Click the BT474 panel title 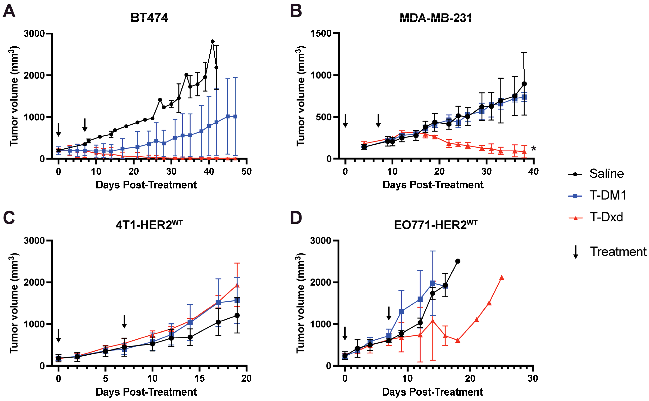click(149, 18)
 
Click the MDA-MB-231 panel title click(436, 18)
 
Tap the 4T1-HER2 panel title click(149, 225)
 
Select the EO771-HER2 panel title click(436, 225)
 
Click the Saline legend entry click(606, 174)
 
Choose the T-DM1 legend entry click(608, 196)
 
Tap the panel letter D click(296, 218)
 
